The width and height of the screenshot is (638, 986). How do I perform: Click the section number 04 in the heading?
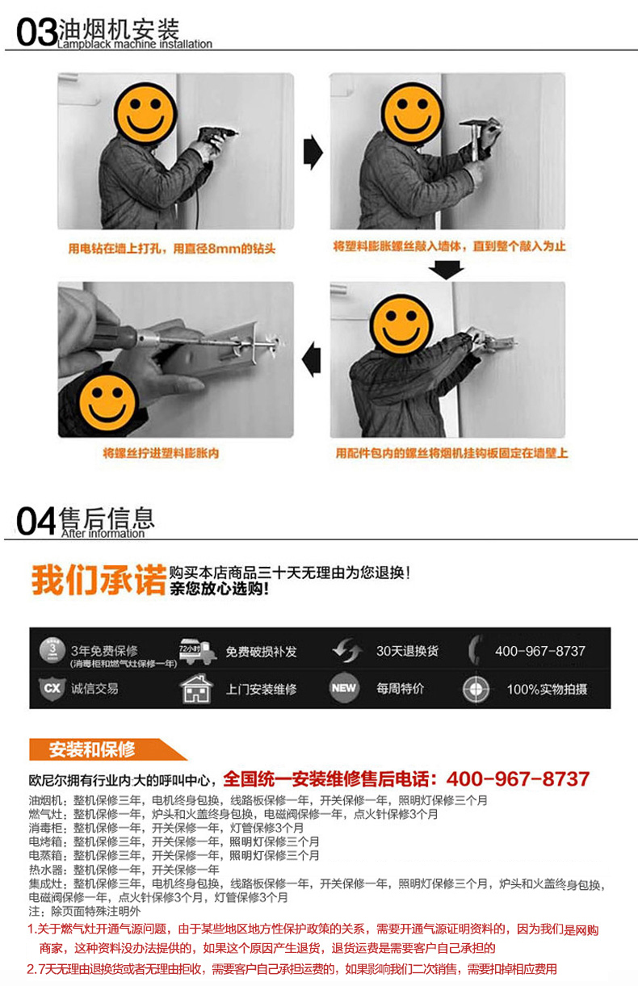(x=36, y=521)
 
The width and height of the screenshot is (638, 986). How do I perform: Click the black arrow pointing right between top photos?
(x=312, y=152)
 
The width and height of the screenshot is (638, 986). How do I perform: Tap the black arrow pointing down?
(x=447, y=269)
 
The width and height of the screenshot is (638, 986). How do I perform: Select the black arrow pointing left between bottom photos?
(x=312, y=358)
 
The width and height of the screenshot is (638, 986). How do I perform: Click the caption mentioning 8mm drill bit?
(x=171, y=249)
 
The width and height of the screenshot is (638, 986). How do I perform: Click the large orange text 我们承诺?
(x=99, y=580)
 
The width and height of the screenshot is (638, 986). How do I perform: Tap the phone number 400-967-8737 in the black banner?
(x=539, y=651)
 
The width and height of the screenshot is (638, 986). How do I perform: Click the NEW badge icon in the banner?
(x=344, y=689)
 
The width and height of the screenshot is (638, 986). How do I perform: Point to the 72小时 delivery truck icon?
(x=195, y=651)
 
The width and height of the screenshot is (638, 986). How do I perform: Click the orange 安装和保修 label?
(x=92, y=749)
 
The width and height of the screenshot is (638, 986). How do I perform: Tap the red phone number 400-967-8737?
(x=517, y=779)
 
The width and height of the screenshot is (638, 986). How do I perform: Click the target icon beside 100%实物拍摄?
(x=476, y=689)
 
